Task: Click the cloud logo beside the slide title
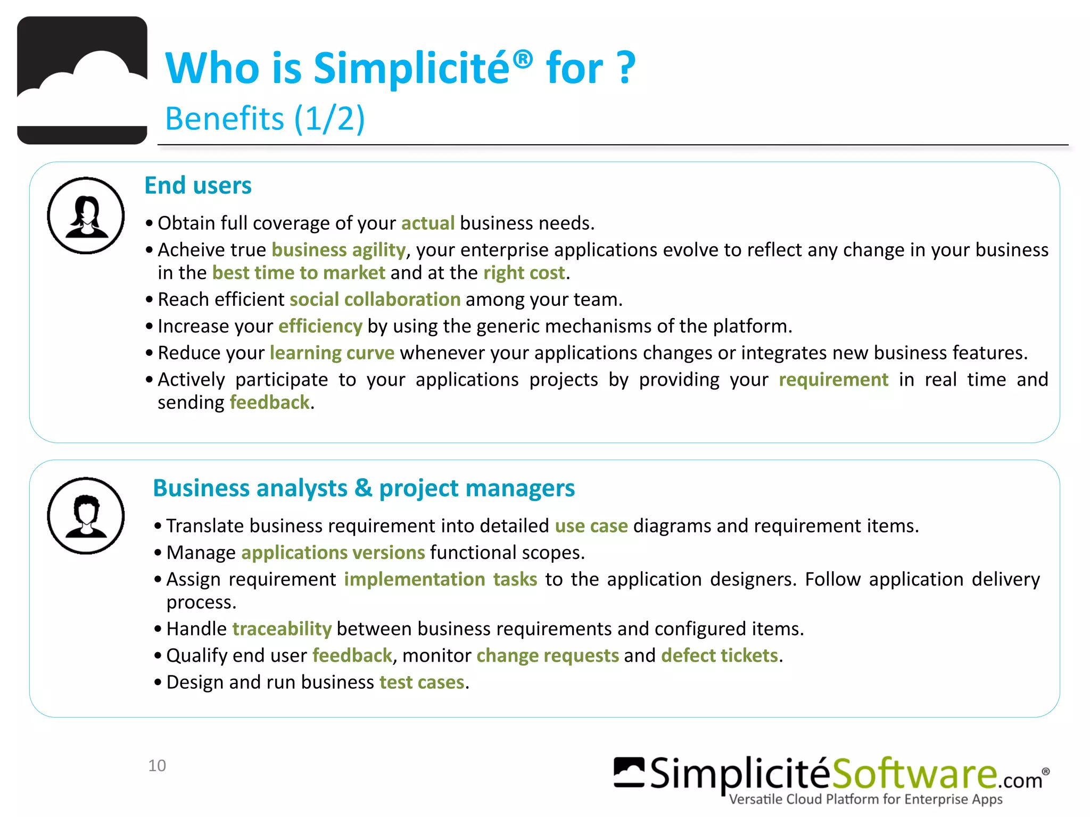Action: [82, 80]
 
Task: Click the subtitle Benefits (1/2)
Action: [265, 118]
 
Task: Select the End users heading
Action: [198, 186]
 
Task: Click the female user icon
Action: [86, 216]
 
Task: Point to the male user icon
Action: [86, 516]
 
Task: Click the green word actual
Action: [428, 223]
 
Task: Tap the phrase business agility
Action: [338, 250]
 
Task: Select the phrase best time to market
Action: [299, 273]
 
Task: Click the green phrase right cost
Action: [524, 273]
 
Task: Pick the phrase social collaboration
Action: [375, 299]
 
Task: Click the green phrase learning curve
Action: [332, 353]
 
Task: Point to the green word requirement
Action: [833, 380]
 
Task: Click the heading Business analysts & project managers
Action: [364, 488]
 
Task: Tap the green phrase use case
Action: [591, 526]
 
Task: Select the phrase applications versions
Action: [333, 553]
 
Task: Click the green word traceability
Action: [282, 629]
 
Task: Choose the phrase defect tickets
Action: [720, 656]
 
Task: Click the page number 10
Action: [157, 766]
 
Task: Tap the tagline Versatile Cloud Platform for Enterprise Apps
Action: [865, 799]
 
